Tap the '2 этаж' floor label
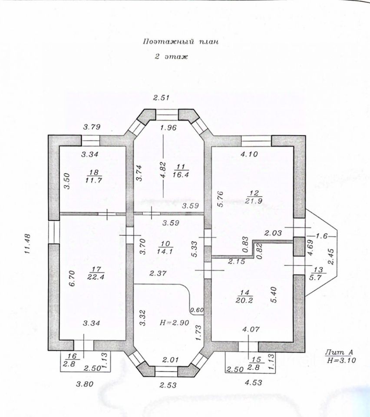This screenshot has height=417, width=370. pyautogui.click(x=171, y=57)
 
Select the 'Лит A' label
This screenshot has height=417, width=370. pyautogui.click(x=335, y=352)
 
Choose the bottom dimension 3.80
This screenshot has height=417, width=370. pyautogui.click(x=85, y=384)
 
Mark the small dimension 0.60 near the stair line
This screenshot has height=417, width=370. pyautogui.click(x=197, y=310)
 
